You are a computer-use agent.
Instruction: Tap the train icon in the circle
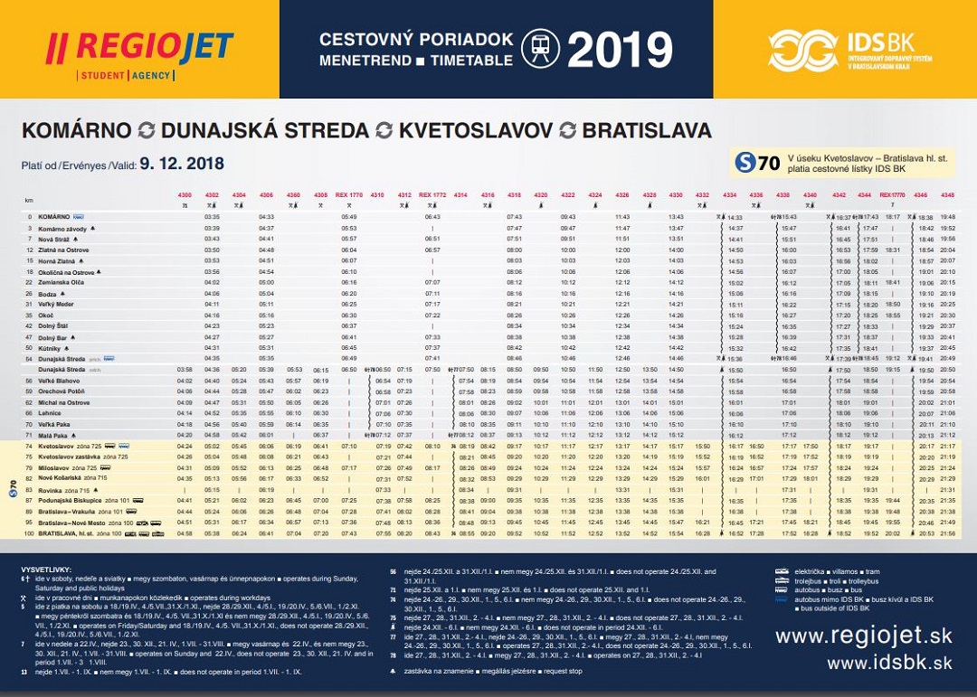pos(540,50)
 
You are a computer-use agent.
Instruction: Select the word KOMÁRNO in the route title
pos(76,130)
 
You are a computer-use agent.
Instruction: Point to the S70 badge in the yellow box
pos(757,163)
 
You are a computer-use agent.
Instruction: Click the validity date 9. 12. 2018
pos(182,165)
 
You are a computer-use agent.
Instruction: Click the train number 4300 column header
pos(185,195)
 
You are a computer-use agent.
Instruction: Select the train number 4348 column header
pos(947,195)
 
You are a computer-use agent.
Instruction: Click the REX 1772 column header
pos(432,195)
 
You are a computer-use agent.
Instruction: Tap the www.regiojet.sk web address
pos(863,636)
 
